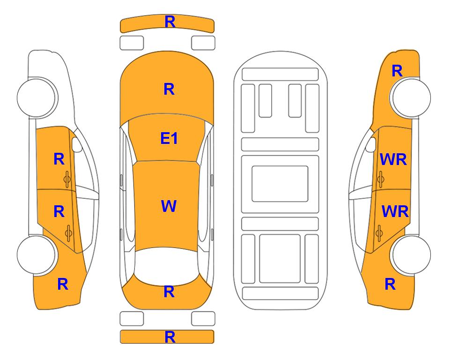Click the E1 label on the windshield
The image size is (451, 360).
[169, 139]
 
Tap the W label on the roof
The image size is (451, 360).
[169, 206]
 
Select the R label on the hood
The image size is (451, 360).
[169, 89]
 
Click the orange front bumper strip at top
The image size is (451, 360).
[167, 23]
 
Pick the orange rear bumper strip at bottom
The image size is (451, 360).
[167, 337]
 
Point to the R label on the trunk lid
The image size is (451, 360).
[169, 292]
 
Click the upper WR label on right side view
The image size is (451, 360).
[393, 159]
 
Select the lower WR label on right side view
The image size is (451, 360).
[395, 212]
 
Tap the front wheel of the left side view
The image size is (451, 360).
[37, 97]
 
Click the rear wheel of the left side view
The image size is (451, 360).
[37, 255]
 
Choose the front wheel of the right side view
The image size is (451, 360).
[411, 97]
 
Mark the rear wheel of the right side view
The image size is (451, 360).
[411, 255]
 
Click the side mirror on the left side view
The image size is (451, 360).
[76, 144]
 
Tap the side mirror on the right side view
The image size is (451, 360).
[371, 144]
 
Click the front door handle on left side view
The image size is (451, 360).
[67, 179]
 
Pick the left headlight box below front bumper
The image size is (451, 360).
[132, 43]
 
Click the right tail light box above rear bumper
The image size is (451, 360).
[203, 319]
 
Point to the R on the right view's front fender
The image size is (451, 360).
[397, 71]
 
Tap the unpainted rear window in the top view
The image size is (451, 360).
[167, 265]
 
